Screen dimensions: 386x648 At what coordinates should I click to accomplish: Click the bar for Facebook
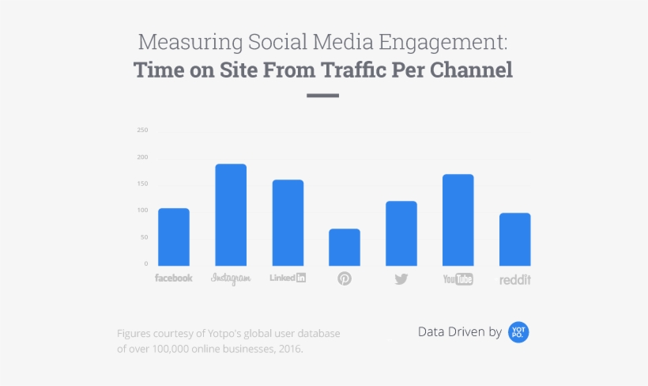[x=173, y=237]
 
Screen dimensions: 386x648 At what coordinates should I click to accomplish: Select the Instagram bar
[x=231, y=214]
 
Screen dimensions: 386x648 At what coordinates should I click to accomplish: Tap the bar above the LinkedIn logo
[x=288, y=222]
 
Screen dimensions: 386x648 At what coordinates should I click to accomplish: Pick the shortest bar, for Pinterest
[x=345, y=247]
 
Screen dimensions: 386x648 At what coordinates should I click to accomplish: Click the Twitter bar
[x=401, y=233]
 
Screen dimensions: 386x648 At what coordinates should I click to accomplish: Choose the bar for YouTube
[x=458, y=220]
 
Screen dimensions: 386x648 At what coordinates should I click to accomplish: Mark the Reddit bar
[x=515, y=239]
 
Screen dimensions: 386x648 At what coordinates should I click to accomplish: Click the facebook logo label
[x=173, y=278]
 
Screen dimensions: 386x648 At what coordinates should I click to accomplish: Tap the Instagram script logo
[x=231, y=278]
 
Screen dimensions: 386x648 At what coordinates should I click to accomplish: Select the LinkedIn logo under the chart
[x=288, y=278]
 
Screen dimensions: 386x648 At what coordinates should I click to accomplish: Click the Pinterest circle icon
[x=345, y=278]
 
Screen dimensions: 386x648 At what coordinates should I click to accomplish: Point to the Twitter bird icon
[x=401, y=278]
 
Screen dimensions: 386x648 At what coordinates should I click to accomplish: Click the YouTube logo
[x=458, y=278]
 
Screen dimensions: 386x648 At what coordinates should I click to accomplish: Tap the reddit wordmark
[x=515, y=279]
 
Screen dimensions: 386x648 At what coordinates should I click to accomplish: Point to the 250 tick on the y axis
[x=142, y=130]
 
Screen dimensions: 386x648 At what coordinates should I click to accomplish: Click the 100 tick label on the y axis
[x=142, y=210]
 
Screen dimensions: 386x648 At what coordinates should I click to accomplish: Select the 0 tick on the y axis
[x=145, y=263]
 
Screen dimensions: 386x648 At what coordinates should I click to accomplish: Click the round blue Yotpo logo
[x=518, y=332]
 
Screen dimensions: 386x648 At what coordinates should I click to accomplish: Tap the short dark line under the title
[x=322, y=96]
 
